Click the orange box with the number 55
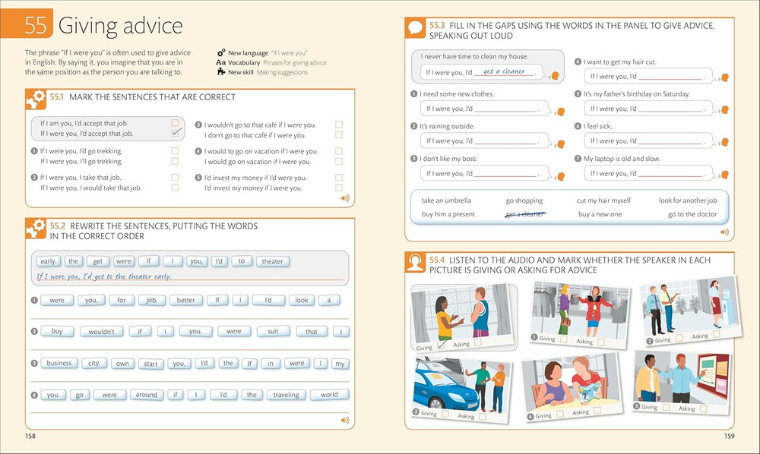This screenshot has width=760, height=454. tap(35, 26)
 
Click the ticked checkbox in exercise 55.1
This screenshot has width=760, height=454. tap(176, 133)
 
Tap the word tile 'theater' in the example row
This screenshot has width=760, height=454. tap(272, 261)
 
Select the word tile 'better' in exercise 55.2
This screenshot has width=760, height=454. tap(185, 300)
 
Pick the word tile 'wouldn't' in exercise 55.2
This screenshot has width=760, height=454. tap(101, 332)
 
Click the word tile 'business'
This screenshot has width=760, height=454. tap(59, 363)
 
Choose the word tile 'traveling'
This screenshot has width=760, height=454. tap(287, 395)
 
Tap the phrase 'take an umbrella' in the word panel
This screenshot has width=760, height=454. tap(446, 200)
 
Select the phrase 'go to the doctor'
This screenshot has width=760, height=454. tap(692, 214)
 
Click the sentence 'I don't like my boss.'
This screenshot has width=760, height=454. tap(448, 159)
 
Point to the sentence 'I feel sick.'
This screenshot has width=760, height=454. tap(597, 126)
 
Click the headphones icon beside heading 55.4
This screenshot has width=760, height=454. tap(415, 264)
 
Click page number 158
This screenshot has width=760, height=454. tap(30, 436)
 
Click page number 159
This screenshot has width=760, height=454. tap(729, 436)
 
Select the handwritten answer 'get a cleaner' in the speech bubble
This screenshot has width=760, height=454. tap(504, 71)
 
